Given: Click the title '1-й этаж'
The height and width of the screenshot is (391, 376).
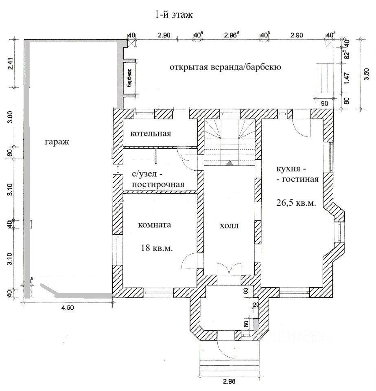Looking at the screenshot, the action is point(174,15).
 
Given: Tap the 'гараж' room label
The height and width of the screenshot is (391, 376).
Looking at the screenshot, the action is point(57,142).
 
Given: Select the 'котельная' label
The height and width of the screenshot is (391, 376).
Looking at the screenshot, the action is point(151,134).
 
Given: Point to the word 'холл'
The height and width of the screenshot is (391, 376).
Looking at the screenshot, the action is point(229,226).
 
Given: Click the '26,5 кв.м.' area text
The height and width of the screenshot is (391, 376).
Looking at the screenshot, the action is point(296,203).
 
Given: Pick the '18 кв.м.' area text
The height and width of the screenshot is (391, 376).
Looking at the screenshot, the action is point(157,248).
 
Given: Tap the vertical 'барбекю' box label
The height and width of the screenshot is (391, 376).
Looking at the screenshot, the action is point(129,77).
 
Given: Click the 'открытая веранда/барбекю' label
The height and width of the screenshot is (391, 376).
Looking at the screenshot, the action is point(225,67).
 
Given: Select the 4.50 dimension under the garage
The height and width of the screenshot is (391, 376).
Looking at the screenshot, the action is point(68,308).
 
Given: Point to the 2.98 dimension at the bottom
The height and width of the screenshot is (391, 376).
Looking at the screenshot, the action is point(229,381).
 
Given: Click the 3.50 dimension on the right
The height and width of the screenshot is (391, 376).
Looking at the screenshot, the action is point(366,74).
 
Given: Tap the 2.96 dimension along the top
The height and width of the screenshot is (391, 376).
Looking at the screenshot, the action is point(232,35).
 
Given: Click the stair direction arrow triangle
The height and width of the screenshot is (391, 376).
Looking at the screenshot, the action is point(230,163).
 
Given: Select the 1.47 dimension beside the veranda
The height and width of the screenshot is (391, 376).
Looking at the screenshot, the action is point(347,78).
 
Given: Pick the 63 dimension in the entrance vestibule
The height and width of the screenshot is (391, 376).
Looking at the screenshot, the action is point(246,291).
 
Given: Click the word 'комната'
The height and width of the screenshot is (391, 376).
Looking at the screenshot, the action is point(155,225).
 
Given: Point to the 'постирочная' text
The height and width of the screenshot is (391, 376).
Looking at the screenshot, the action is point(158,185).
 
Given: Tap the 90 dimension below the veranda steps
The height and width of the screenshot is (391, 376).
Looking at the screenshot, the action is point(324,103).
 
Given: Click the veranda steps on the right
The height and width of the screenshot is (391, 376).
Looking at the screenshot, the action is point(325,78).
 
